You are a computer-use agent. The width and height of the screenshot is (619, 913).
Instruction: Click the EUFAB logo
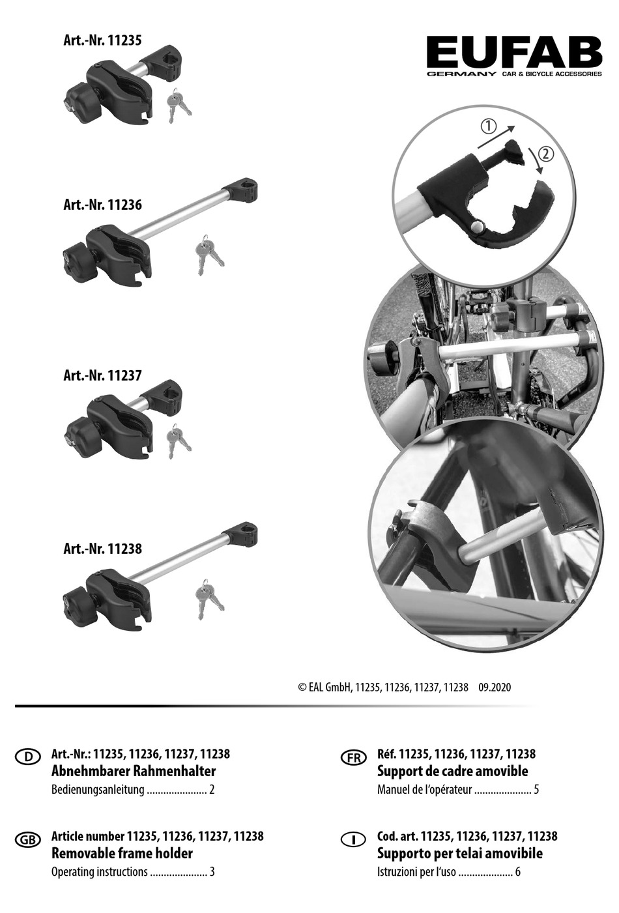click(514, 56)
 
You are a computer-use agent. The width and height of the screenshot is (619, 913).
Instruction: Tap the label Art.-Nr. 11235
click(102, 40)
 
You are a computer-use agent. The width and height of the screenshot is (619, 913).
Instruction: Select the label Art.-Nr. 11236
click(102, 204)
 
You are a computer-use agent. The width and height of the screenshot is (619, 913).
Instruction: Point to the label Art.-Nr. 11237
click(102, 375)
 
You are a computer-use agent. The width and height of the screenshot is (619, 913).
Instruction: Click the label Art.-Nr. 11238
click(102, 549)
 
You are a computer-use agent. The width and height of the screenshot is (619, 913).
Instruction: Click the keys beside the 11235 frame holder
click(179, 105)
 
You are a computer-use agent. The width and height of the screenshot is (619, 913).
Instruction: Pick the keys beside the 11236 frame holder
click(209, 255)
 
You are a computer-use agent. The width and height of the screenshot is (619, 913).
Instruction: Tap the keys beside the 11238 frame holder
click(209, 599)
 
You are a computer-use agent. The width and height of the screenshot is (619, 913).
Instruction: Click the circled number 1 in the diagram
click(489, 127)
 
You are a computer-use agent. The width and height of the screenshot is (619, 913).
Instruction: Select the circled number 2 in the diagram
click(546, 154)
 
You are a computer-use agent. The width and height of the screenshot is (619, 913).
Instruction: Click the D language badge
click(28, 757)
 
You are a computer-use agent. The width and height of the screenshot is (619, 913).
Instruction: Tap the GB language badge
click(28, 839)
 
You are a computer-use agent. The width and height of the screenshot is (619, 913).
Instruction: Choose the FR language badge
click(353, 757)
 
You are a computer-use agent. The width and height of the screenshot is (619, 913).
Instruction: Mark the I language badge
click(353, 839)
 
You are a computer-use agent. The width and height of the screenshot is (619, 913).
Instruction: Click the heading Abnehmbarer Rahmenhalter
click(134, 771)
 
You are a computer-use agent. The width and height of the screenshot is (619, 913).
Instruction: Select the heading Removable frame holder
click(122, 853)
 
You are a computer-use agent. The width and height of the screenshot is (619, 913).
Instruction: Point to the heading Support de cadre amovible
click(452, 771)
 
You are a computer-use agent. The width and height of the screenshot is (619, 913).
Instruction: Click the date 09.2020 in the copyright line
click(495, 688)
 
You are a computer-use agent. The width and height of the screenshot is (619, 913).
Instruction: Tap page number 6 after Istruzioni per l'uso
click(517, 872)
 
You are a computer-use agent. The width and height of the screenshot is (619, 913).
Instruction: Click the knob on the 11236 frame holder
click(76, 259)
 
